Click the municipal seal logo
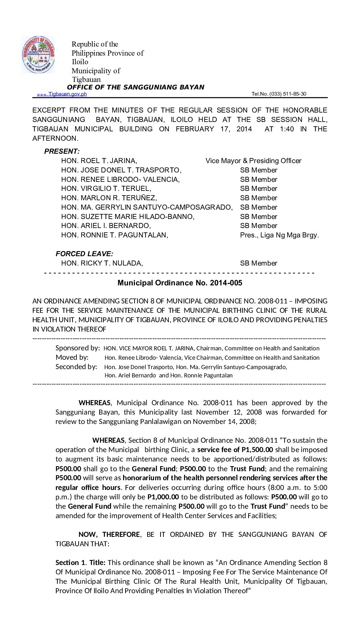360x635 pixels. click(x=38, y=55)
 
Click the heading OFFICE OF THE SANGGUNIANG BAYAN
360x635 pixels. click(x=136, y=87)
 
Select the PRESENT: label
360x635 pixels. click(x=62, y=152)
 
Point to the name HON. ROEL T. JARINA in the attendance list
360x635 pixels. click(x=99, y=161)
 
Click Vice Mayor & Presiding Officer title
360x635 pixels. click(x=253, y=161)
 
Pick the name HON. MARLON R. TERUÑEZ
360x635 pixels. click(x=109, y=198)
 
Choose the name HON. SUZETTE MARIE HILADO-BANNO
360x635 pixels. click(x=128, y=217)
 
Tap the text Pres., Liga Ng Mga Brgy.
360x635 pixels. click(x=279, y=235)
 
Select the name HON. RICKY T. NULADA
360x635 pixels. click(x=102, y=263)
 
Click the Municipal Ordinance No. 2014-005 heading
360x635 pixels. click(x=180, y=283)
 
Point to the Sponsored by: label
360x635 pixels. click(x=78, y=348)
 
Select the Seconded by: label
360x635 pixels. click(x=76, y=367)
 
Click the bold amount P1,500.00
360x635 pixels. click(x=257, y=450)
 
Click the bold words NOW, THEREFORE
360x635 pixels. click(x=109, y=534)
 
